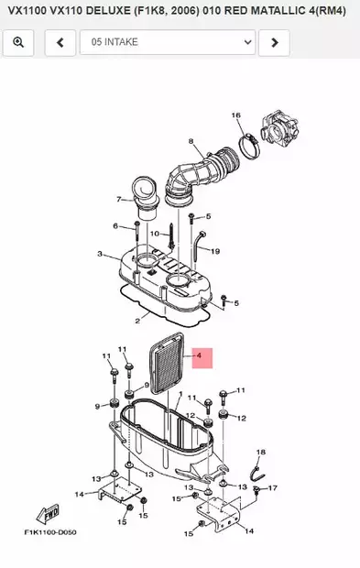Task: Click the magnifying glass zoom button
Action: [19, 42]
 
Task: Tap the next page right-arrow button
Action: [275, 42]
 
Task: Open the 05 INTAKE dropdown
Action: [167, 42]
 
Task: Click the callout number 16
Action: [235, 115]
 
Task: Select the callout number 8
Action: [191, 141]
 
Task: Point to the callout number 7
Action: [118, 199]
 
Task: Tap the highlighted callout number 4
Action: [201, 357]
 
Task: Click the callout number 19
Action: [215, 251]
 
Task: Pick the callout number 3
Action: [99, 253]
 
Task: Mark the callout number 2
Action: [136, 321]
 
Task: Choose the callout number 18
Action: [260, 453]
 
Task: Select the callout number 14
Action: [79, 495]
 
